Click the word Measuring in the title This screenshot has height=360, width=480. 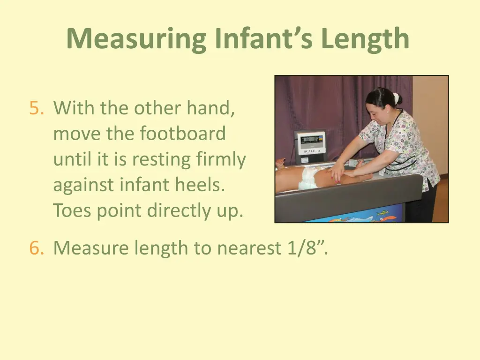point(136,39)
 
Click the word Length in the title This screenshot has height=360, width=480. point(365,39)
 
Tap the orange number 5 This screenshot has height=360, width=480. point(36,108)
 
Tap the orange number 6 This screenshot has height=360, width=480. point(36,247)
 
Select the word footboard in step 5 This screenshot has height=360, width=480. point(182,134)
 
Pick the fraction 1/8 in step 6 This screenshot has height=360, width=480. point(300,247)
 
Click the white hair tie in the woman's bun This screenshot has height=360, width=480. point(396,98)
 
